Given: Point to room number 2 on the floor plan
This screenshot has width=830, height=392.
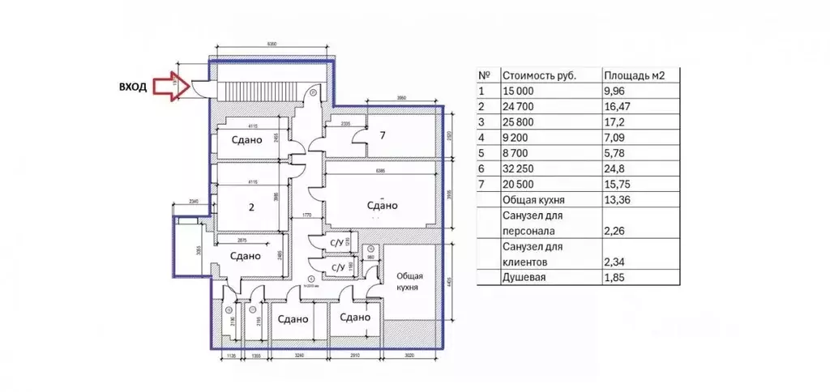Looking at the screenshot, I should point(251,207).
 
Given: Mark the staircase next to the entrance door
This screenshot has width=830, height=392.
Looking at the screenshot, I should point(256,88).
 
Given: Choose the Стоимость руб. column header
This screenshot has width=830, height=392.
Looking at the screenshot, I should point(540,75).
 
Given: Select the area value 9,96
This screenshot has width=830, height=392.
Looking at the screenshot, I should point(617,92).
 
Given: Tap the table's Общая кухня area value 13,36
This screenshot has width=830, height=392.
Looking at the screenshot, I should point(619,199).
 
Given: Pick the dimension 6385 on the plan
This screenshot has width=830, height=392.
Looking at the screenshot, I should point(381,171).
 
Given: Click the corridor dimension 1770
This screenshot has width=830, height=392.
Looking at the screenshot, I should point(306,215).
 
